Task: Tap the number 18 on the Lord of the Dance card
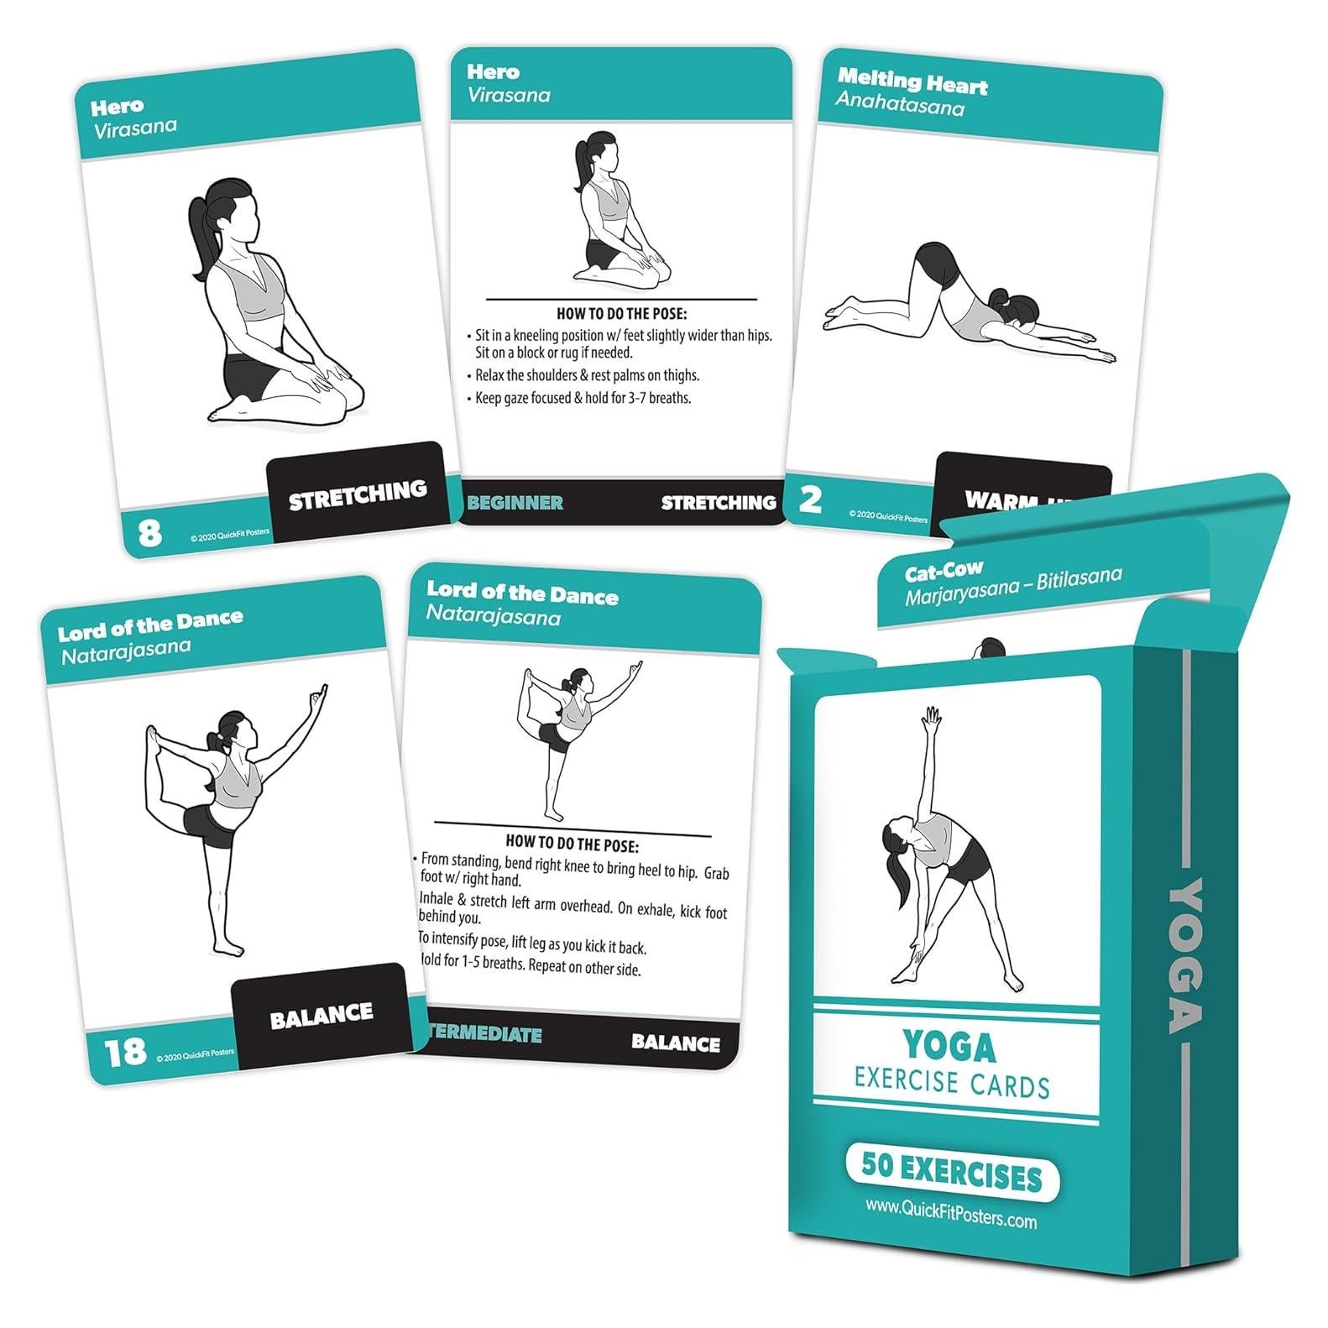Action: pyautogui.click(x=124, y=1051)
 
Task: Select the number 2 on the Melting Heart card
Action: pyautogui.click(x=810, y=499)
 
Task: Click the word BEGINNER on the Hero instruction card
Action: pyautogui.click(x=515, y=503)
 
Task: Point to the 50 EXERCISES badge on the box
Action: pyautogui.click(x=952, y=1176)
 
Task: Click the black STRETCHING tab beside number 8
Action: pyautogui.click(x=358, y=494)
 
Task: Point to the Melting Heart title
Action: pyautogui.click(x=912, y=82)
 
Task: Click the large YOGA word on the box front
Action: pyautogui.click(x=949, y=1047)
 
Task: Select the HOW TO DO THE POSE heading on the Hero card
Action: pyautogui.click(x=622, y=314)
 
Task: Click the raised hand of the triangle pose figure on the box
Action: pyautogui.click(x=929, y=716)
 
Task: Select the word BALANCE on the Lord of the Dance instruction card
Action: pyautogui.click(x=675, y=1043)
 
